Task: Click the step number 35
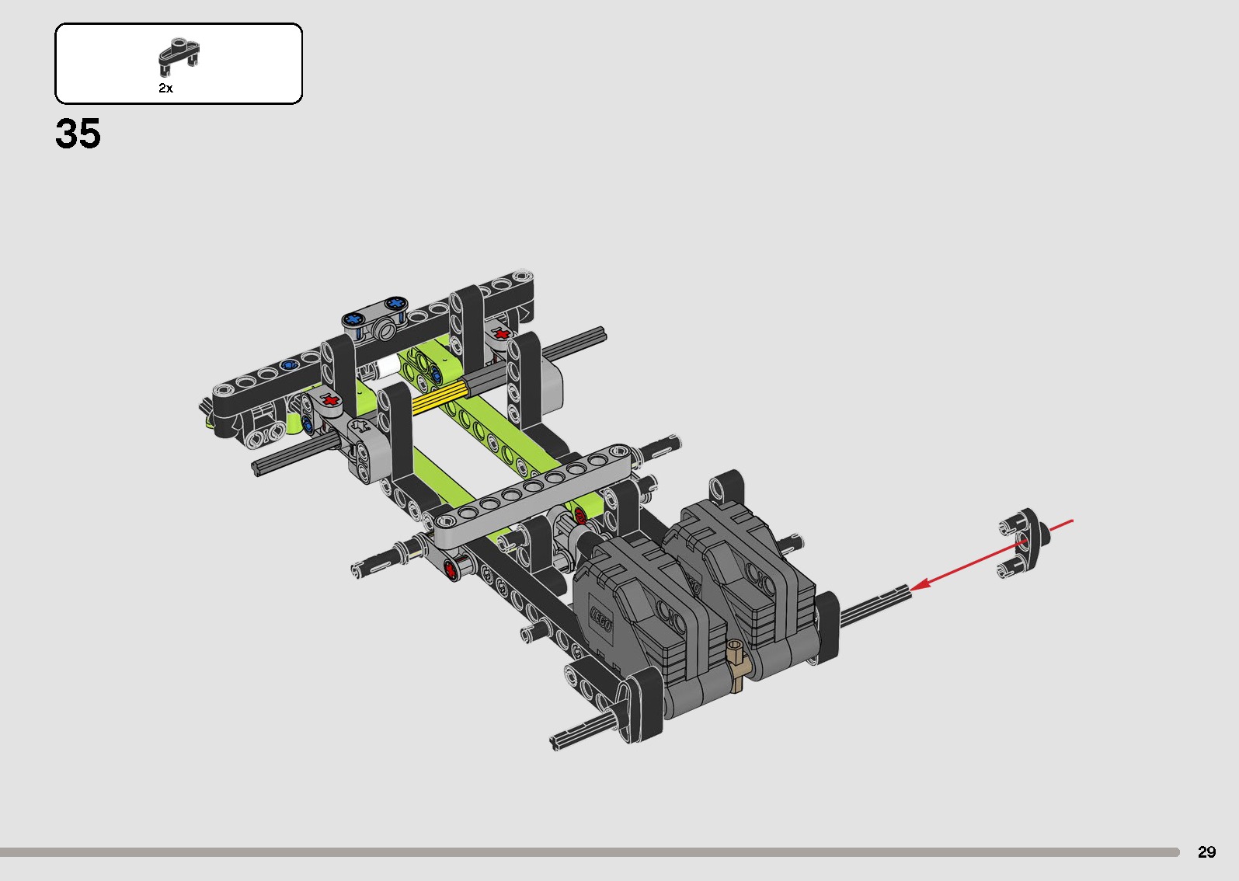(78, 134)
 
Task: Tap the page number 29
(1206, 851)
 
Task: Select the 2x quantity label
(166, 88)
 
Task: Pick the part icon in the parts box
(179, 57)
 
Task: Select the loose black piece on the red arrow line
(1024, 542)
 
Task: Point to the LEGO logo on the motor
(601, 619)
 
